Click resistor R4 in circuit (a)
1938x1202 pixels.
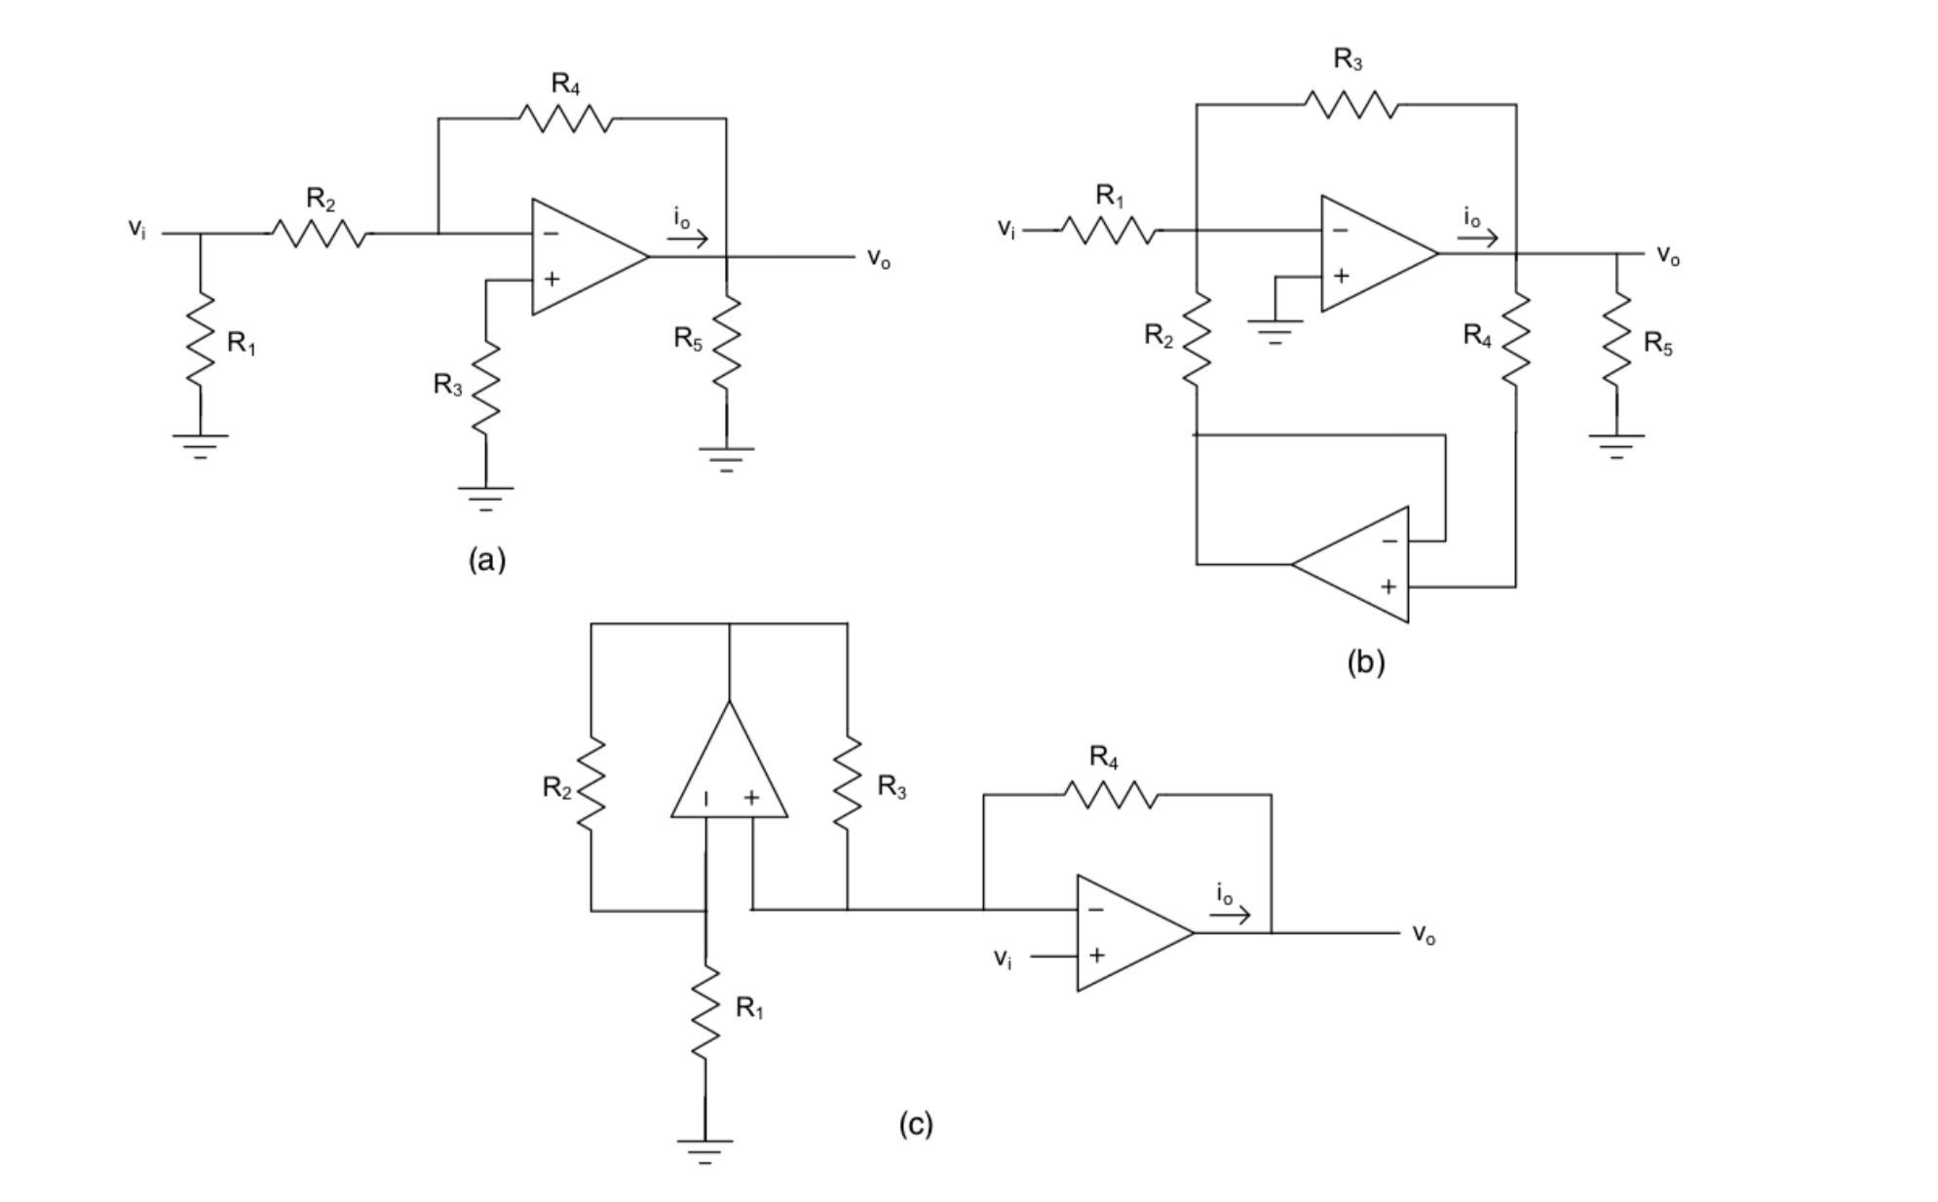pos(565,119)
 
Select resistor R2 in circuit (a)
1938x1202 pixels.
pos(320,234)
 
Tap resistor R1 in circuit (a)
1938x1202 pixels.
pos(200,341)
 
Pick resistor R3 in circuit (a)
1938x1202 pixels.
pos(485,387)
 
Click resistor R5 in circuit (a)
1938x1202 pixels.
pos(726,343)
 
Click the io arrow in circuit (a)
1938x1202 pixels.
pos(691,240)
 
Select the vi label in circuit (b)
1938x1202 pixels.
pos(1006,229)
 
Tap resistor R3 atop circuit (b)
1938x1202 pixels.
pos(1350,103)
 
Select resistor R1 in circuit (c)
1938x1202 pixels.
pos(704,1010)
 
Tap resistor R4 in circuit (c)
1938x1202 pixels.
pos(1111,795)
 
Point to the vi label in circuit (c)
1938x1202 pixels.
pos(1003,958)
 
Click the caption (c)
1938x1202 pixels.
pos(916,1124)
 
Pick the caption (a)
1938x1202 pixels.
pos(487,560)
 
